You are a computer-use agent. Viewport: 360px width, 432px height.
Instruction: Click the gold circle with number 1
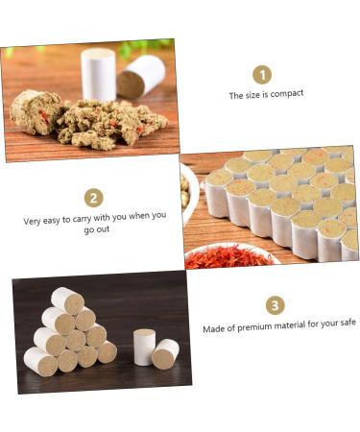click(262, 74)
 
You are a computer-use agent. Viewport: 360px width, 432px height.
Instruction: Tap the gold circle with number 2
click(93, 198)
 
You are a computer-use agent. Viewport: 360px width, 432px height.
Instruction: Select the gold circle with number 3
click(276, 305)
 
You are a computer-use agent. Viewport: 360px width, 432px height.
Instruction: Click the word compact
click(287, 94)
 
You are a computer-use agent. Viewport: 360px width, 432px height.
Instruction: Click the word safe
click(346, 323)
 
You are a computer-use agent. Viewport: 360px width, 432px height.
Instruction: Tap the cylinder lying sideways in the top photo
click(140, 77)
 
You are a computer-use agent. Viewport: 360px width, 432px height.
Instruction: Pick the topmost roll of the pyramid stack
click(67, 300)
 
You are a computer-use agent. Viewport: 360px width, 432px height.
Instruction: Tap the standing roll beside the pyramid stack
click(144, 347)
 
